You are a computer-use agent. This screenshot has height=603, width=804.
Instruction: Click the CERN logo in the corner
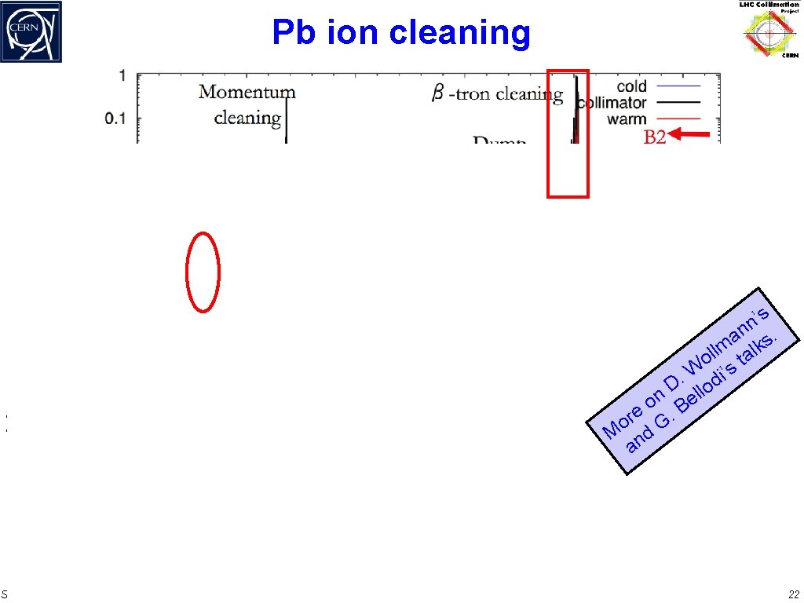[31, 31]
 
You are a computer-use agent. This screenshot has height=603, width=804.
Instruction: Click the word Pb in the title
[293, 33]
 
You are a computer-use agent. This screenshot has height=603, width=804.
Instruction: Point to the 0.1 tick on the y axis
[116, 119]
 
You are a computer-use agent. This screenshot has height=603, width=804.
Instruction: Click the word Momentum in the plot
[247, 92]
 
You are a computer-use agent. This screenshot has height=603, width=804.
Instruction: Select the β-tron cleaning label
[497, 95]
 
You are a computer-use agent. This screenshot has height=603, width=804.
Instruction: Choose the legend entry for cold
[631, 86]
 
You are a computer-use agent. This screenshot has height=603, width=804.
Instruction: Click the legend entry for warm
[627, 119]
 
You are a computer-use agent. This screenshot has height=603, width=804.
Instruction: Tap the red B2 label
[655, 137]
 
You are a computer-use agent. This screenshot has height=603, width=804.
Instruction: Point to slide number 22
[793, 594]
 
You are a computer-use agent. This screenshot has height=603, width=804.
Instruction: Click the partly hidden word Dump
[499, 141]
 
